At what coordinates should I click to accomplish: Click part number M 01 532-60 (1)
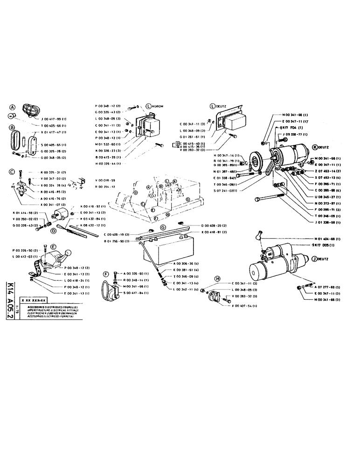[x=109, y=144]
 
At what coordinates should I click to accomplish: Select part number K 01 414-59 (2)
[x=22, y=213]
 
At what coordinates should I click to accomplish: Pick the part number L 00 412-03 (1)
[x=22, y=257]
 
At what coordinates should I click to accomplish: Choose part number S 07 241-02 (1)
[x=226, y=190]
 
